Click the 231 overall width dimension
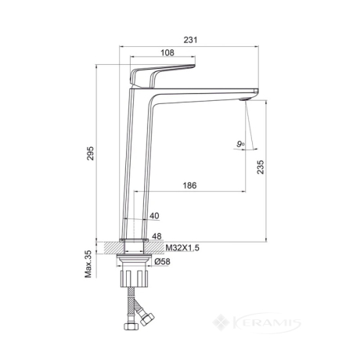(191, 40)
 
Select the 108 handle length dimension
(167, 52)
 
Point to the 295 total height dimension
(90, 153)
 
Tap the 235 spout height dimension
(261, 167)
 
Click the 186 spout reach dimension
(189, 185)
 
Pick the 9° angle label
(240, 143)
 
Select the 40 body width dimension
(154, 216)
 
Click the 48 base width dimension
(157, 236)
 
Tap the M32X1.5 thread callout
(182, 248)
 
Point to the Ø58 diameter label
(162, 261)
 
